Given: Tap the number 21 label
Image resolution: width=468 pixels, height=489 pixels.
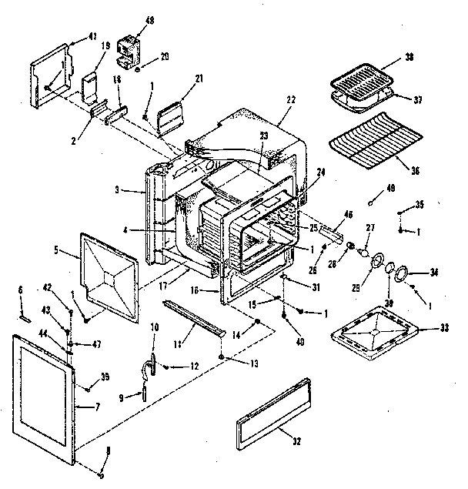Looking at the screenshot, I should click(199, 78).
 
